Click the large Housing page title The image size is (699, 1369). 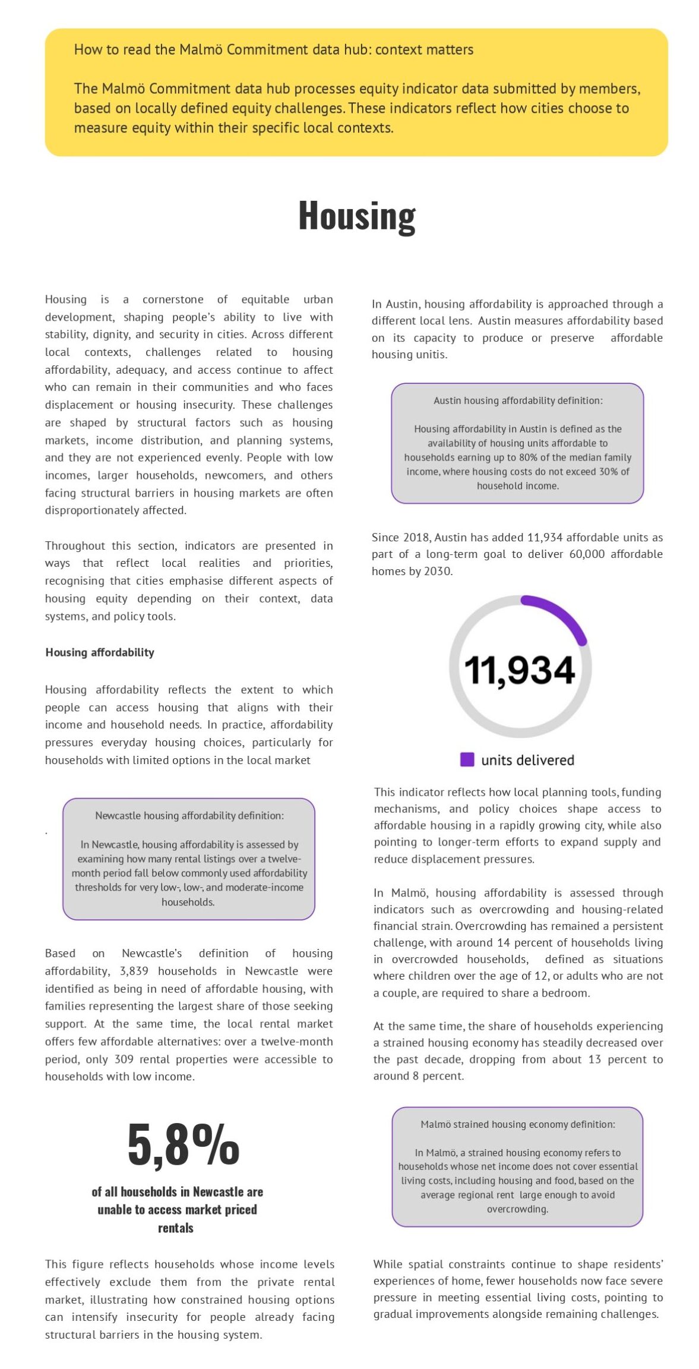[356, 216]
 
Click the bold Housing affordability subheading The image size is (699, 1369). [100, 652]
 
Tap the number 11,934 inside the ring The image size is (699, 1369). [520, 670]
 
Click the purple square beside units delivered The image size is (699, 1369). [467, 759]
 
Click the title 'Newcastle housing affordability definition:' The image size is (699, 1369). [189, 816]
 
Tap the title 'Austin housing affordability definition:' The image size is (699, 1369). [518, 400]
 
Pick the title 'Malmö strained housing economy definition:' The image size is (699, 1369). [518, 1124]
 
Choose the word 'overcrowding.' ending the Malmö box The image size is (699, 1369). [518, 1209]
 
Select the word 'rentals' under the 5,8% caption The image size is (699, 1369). [176, 1228]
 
